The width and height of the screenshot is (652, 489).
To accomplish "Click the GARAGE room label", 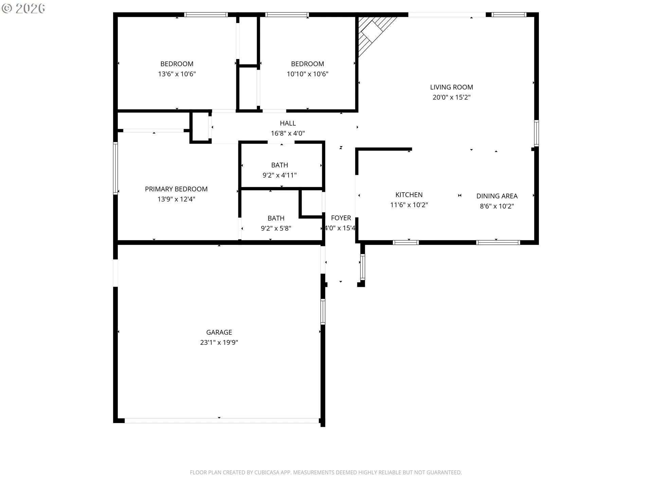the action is [x=219, y=332].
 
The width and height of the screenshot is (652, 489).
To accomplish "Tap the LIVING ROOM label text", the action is [x=451, y=87].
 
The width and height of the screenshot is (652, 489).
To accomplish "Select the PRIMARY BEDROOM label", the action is [x=176, y=189].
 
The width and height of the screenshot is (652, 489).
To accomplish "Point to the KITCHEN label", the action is [x=409, y=195].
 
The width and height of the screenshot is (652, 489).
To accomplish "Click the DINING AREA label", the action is [x=497, y=196].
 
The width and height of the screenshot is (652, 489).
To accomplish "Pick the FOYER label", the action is [x=341, y=218].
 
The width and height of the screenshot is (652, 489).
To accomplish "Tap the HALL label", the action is [x=288, y=123].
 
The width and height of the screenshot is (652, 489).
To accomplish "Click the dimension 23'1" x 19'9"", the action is [x=219, y=342].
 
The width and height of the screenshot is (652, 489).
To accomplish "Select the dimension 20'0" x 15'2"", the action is [x=451, y=97].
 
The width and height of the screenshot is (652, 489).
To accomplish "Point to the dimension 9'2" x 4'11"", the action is [x=279, y=175].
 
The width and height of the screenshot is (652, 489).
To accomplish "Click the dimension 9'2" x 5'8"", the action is [x=276, y=228].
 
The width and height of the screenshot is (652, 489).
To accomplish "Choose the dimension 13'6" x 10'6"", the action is [x=177, y=74].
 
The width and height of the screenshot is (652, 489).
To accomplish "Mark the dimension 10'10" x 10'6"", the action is [x=307, y=74].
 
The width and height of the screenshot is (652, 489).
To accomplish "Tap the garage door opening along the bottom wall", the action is [x=222, y=421].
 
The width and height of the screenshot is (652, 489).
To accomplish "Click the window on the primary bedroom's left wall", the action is [x=115, y=168].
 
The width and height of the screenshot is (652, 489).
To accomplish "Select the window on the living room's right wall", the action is [x=536, y=133].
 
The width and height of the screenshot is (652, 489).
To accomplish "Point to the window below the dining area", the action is [x=498, y=242].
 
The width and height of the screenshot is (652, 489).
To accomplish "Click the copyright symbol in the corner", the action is [x=6, y=8].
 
